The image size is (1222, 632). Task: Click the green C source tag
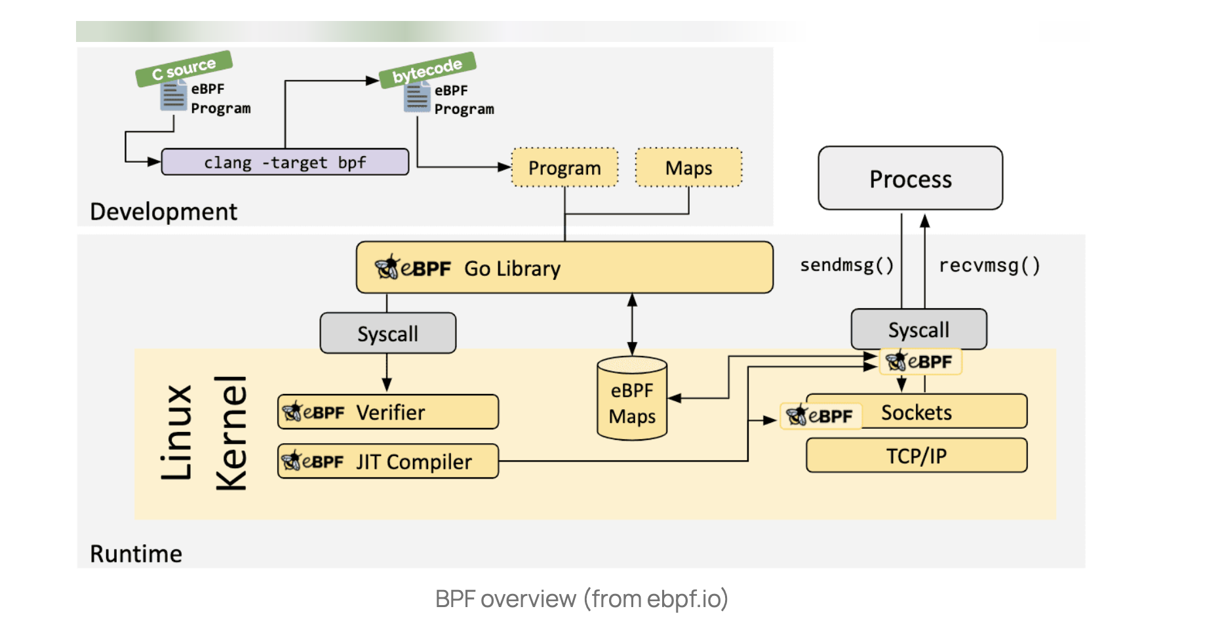click(184, 68)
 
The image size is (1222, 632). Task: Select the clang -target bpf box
click(285, 162)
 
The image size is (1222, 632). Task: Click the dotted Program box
click(564, 168)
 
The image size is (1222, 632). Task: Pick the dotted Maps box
click(688, 168)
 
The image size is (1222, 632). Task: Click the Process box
click(910, 178)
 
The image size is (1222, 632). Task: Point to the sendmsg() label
click(846, 265)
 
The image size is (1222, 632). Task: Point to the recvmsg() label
click(989, 265)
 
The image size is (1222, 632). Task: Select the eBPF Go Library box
click(564, 267)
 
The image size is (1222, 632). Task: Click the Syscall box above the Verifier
click(387, 334)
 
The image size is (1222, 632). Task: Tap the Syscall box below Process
click(918, 330)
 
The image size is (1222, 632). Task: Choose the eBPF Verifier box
click(387, 412)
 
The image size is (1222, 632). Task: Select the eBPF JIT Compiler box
click(387, 462)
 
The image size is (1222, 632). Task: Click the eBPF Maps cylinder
click(632, 399)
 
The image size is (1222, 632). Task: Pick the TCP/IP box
click(916, 456)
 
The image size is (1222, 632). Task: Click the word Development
click(163, 212)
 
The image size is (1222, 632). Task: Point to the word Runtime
click(136, 554)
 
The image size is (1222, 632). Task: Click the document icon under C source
click(173, 96)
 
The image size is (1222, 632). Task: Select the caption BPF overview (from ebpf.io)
click(581, 599)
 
